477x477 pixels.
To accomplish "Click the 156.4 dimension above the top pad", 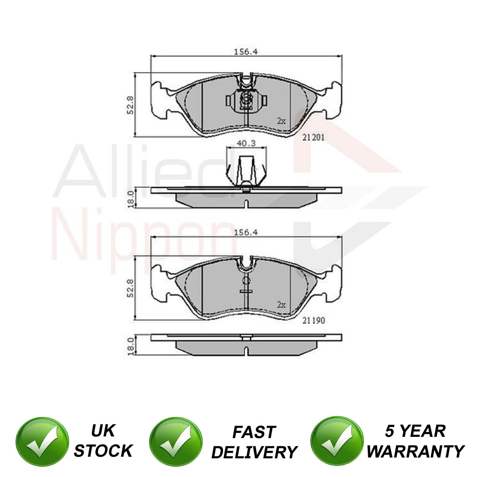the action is coord(246,52).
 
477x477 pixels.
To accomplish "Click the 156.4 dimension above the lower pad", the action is coord(246,233).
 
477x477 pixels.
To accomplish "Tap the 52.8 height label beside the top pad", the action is coord(130,105).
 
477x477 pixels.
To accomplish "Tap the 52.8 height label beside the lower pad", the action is coord(130,288).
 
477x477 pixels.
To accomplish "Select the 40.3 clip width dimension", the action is coord(246,143).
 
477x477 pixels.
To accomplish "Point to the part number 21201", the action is coord(313,138).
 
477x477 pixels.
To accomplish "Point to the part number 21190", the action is coord(313,320).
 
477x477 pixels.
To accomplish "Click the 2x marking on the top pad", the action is coord(281,121).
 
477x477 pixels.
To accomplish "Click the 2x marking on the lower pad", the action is coord(281,304).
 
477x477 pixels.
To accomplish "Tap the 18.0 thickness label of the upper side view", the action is coord(131,199).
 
